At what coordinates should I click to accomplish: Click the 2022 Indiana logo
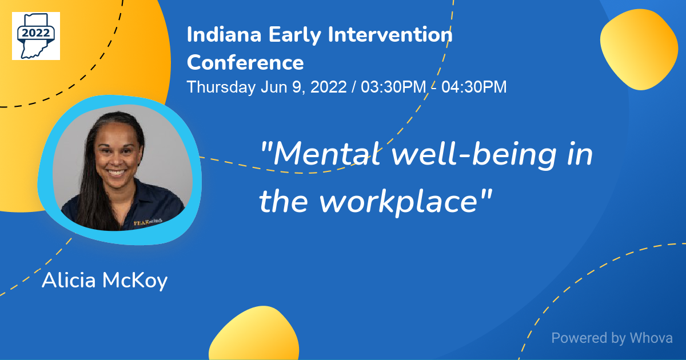point(35,35)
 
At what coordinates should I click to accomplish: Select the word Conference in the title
point(245,62)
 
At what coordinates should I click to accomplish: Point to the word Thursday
point(221,87)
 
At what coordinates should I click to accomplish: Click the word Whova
point(651,338)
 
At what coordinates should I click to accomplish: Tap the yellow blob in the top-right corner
point(639,50)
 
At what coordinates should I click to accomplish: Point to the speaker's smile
point(117,172)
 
